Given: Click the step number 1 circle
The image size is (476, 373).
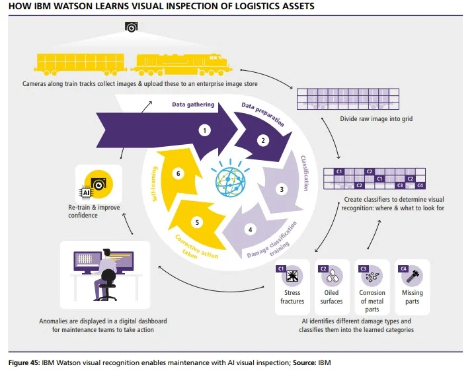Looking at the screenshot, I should pyautogui.click(x=206, y=130).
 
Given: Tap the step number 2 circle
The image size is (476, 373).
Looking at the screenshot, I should pyautogui.click(x=262, y=140).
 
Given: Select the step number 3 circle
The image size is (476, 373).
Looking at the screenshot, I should pyautogui.click(x=282, y=189).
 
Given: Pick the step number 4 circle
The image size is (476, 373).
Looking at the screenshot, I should pyautogui.click(x=250, y=230).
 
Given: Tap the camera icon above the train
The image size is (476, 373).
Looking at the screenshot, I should pyautogui.click(x=131, y=27).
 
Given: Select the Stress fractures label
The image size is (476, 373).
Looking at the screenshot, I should pyautogui.click(x=292, y=297).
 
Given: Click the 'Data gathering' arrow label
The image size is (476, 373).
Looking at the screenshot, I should pyautogui.click(x=192, y=104).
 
